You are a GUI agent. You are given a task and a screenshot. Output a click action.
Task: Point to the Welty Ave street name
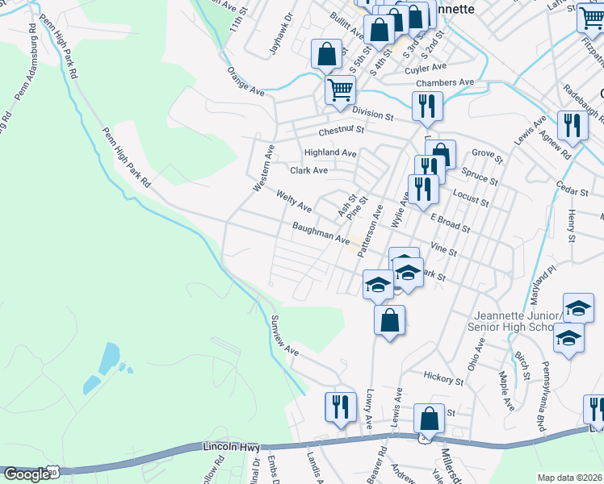coord(294,201)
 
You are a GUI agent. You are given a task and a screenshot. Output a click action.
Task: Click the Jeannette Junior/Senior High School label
coord(510,320)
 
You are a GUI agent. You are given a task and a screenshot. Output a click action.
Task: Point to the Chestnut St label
coord(342,130)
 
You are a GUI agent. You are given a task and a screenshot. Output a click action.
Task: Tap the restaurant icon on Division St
coord(425,106)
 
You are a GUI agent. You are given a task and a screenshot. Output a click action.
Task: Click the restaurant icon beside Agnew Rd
coord(572,126)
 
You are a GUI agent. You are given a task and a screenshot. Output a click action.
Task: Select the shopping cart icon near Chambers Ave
coord(340,88)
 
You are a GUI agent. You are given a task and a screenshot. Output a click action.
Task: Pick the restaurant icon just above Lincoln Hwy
coord(339,407)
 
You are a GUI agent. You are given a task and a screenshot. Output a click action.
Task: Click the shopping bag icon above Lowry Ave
coord(389,319)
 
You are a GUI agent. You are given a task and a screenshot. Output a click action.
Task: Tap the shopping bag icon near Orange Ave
coord(326,55)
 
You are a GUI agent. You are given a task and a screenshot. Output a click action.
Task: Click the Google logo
coord(27,474)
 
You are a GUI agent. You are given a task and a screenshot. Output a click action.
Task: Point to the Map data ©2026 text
coord(570,477)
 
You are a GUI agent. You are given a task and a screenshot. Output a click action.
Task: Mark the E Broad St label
coord(450,223)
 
